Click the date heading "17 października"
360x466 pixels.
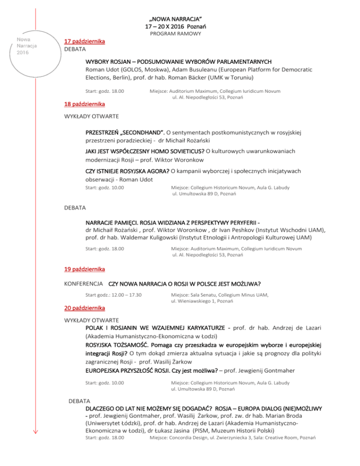click(84, 41)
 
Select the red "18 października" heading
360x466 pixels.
click(84, 104)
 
